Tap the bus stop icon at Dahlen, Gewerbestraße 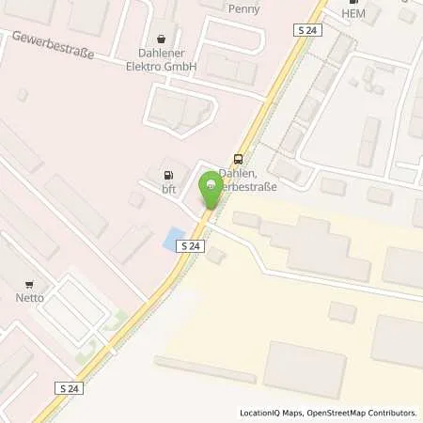[238, 159]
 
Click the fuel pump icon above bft [168, 174]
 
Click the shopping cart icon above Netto [30, 284]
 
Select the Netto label [29, 298]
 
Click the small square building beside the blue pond [217, 255]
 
